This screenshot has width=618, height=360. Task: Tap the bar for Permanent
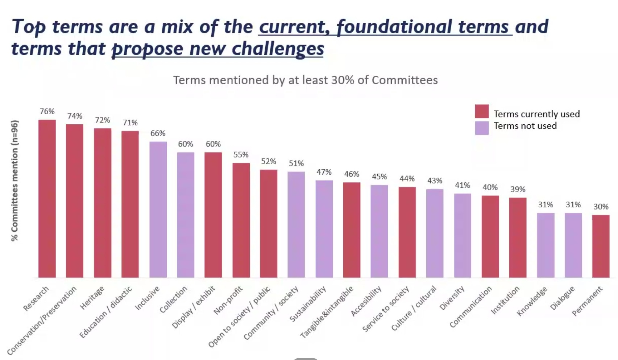point(601,246)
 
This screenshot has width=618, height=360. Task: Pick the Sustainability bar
point(324,229)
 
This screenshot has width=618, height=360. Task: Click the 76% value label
point(47,111)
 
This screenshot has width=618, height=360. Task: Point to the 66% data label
point(158,133)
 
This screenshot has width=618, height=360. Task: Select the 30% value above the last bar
point(601,207)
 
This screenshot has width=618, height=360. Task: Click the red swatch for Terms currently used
point(482,111)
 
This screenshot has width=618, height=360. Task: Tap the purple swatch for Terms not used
point(482,128)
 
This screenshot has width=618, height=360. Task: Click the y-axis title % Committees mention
point(14,181)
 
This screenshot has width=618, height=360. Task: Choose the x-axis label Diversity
point(452,298)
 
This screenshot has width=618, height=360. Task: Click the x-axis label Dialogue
point(562,298)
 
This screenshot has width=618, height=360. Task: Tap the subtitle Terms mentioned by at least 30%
point(305,80)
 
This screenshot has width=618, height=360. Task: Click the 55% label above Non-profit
point(241,155)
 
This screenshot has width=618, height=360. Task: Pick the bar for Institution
point(518,237)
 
